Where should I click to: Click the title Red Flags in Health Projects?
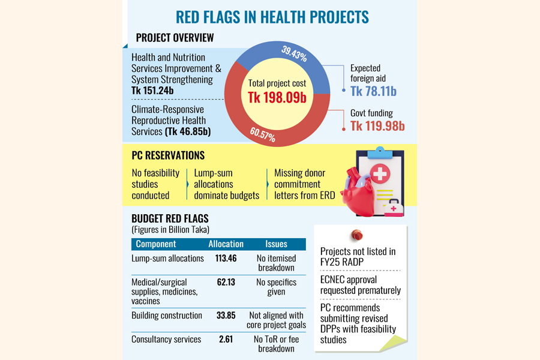272,16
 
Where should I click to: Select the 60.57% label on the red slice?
262,133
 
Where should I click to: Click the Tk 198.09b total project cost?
277,97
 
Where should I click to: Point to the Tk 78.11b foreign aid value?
373,91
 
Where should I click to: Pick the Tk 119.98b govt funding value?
377,125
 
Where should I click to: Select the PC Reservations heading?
168,155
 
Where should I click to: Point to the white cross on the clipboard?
379,175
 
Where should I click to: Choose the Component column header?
156,244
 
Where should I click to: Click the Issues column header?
276,244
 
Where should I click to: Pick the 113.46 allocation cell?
226,259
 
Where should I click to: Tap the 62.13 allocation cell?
226,282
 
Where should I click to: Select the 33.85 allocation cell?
226,315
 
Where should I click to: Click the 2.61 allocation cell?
226,340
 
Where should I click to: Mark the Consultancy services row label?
166,340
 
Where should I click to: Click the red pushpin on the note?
358,235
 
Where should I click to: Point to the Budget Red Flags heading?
170,219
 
